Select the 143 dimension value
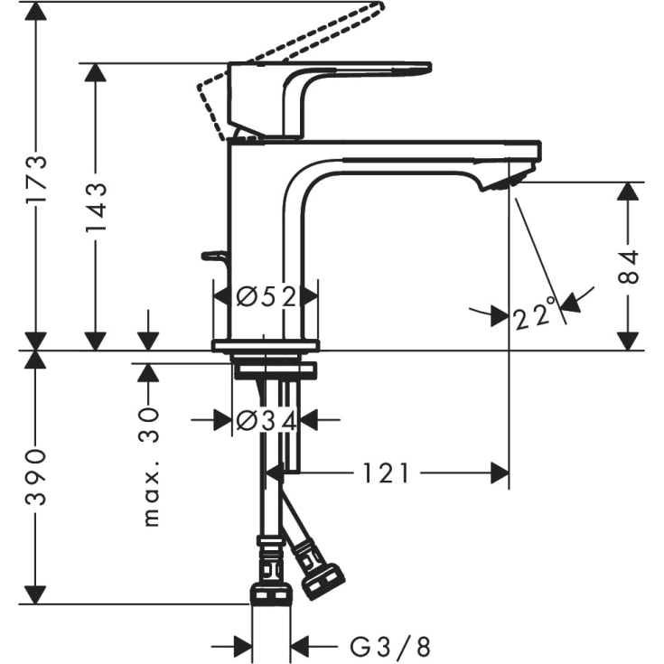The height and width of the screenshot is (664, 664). pyautogui.click(x=96, y=207)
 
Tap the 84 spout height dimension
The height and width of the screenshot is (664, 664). pyautogui.click(x=629, y=267)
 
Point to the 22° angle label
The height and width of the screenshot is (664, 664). pyautogui.click(x=533, y=317)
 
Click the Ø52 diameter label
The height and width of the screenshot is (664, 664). pyautogui.click(x=266, y=296)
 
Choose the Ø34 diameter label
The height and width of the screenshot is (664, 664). pyautogui.click(x=266, y=420)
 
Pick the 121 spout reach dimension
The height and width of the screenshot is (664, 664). pyautogui.click(x=387, y=472)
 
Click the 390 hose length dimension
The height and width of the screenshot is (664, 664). pyautogui.click(x=36, y=479)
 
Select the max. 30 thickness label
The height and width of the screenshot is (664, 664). pyautogui.click(x=150, y=465)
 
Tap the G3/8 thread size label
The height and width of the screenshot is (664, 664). pyautogui.click(x=390, y=647)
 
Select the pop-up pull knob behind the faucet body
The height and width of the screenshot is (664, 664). pyautogui.click(x=214, y=257)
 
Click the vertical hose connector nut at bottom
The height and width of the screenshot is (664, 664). pyautogui.click(x=270, y=593)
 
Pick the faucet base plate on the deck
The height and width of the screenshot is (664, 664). pyautogui.click(x=266, y=345)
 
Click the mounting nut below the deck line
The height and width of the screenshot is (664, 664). pyautogui.click(x=275, y=369)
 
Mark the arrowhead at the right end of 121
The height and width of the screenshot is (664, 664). pyautogui.click(x=498, y=472)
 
